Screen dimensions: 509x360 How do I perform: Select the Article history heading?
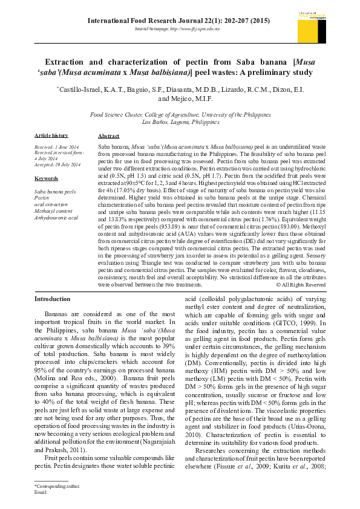pyautogui.click(x=51, y=135)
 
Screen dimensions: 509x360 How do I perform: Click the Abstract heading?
pyautogui.click(x=108, y=137)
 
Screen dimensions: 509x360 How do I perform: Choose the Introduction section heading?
pyautogui.click(x=52, y=299)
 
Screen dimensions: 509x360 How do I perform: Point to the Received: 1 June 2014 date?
pyautogui.click(x=56, y=148)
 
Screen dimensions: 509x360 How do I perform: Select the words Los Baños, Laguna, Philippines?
pyautogui.click(x=180, y=122)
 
